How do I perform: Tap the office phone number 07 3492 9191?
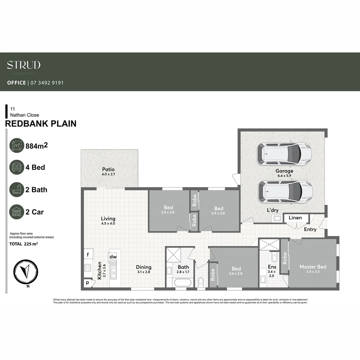point(47,83)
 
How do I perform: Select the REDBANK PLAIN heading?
point(41,124)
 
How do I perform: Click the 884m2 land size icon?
point(17,146)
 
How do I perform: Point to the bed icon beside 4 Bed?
point(17,167)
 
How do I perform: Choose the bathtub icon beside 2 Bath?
point(17,190)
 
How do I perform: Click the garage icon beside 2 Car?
point(17,212)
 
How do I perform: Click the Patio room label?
point(108,169)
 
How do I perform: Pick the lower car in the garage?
point(285,191)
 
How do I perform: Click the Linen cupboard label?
point(295,218)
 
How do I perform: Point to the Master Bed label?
point(313,267)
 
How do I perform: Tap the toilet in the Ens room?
point(274,257)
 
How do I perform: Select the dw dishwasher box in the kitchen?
point(113,257)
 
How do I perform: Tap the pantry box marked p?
point(87,283)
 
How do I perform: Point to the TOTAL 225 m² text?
point(24,244)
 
